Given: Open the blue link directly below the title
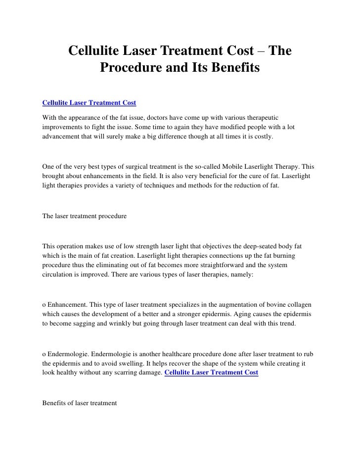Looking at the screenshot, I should pyautogui.click(x=90, y=103).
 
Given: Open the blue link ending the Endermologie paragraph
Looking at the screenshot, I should pyautogui.click(x=211, y=373).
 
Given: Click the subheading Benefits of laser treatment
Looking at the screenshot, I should pyautogui.click(x=80, y=403).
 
